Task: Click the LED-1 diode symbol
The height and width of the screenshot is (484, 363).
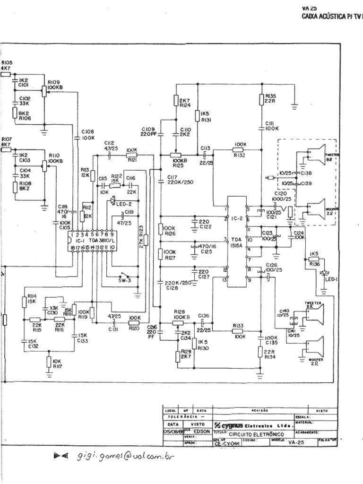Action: [325, 273]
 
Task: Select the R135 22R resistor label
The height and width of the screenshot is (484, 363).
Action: [271, 98]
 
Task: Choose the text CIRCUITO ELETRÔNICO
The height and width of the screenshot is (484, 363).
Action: [257, 433]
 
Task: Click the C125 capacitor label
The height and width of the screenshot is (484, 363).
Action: [206, 253]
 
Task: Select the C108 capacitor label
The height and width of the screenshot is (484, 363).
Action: [87, 134]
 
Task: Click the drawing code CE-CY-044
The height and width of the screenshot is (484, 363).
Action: [225, 444]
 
